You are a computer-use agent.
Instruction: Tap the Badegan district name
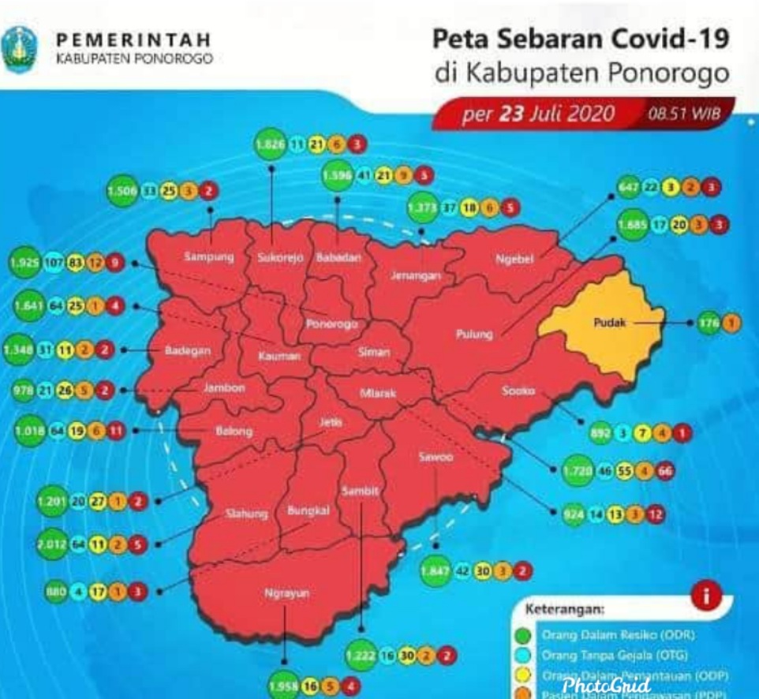click(187, 351)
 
